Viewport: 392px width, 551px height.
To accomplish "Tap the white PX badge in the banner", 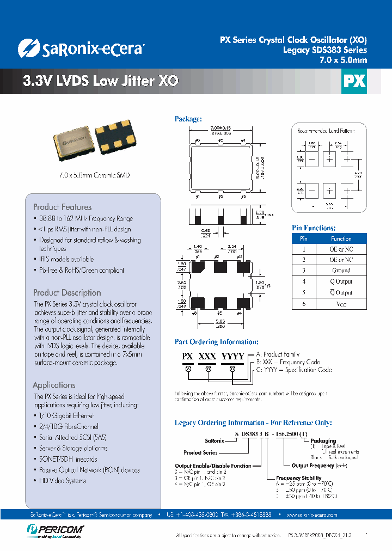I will pos(353,81).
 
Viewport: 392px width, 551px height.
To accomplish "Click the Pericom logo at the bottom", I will pos(54,529).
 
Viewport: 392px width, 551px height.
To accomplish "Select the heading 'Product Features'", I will pos(62,207).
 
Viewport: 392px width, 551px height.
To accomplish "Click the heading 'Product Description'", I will pos(67,292).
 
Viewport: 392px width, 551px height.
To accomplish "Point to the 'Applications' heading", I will pos(54,385).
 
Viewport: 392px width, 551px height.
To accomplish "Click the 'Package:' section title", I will pos(188,119).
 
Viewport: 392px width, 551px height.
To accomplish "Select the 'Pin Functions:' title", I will pos(314,228).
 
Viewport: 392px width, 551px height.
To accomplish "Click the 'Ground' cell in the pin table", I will pos(341,271).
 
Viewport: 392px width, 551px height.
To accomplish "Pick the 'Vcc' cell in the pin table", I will pos(341,304).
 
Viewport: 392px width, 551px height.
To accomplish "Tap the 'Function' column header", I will pos(341,238).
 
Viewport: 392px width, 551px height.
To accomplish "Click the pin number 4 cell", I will pos(304,281).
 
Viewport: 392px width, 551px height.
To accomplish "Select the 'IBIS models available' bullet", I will pos(66,259).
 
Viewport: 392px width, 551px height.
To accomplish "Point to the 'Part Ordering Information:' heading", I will pos(216,342).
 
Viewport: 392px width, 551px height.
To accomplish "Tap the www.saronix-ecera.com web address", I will pos(311,515).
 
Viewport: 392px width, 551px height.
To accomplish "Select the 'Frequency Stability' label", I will pos(301,478).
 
